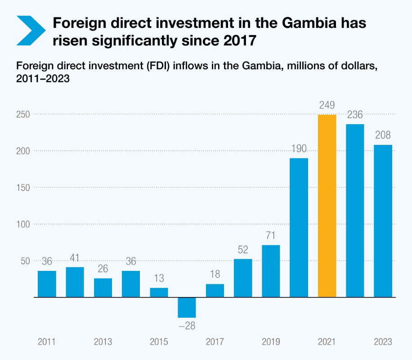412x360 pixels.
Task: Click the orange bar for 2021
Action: pos(327,206)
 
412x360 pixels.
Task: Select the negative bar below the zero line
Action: pos(187,307)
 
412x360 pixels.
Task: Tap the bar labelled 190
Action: pos(299,228)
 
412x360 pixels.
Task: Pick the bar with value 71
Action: pos(271,271)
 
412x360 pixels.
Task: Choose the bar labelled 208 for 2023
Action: pos(383,221)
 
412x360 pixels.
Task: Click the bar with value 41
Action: pos(75,282)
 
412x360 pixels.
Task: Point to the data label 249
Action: pos(327,105)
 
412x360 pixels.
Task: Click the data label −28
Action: pos(187,325)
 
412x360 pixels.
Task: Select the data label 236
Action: pos(355,115)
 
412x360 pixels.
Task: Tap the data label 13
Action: pos(159,279)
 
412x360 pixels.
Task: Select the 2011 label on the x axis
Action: pos(47,342)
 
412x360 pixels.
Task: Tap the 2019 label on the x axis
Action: pos(271,342)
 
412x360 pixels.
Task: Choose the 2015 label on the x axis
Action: pos(159,342)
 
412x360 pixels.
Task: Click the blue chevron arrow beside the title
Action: pos(31,31)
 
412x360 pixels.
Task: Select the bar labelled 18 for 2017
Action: pos(215,291)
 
